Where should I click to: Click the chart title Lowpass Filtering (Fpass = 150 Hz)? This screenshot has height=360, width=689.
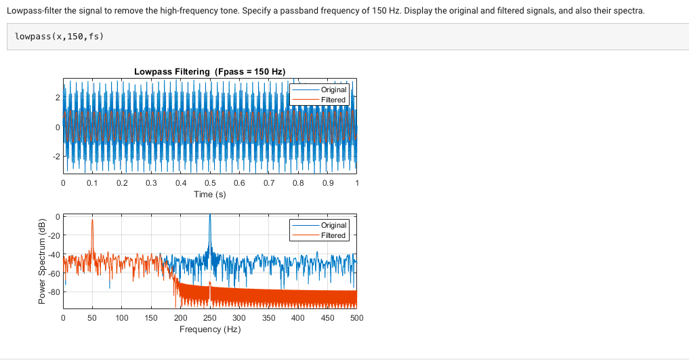coord(209,71)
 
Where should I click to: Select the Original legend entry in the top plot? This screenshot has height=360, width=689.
coord(333,89)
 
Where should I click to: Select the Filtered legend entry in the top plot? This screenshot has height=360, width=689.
coord(333,100)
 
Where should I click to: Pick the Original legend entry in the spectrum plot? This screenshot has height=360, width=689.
coord(333,225)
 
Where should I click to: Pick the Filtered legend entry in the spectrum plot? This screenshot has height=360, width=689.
coord(333,235)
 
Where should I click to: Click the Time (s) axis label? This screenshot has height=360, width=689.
coord(209,194)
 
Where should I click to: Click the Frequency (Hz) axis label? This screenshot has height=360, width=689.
coord(209,329)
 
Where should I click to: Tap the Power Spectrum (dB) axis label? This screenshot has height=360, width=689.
coord(41,262)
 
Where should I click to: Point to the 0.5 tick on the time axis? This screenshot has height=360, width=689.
coord(210,183)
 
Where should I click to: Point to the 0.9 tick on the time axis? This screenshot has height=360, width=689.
coord(327,183)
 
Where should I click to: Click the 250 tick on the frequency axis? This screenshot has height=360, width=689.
coord(210,317)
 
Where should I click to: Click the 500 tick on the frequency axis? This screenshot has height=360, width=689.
coord(356,317)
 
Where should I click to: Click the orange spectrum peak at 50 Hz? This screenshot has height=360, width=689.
coord(93,221)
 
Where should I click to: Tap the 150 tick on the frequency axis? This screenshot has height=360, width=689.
coord(151,317)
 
